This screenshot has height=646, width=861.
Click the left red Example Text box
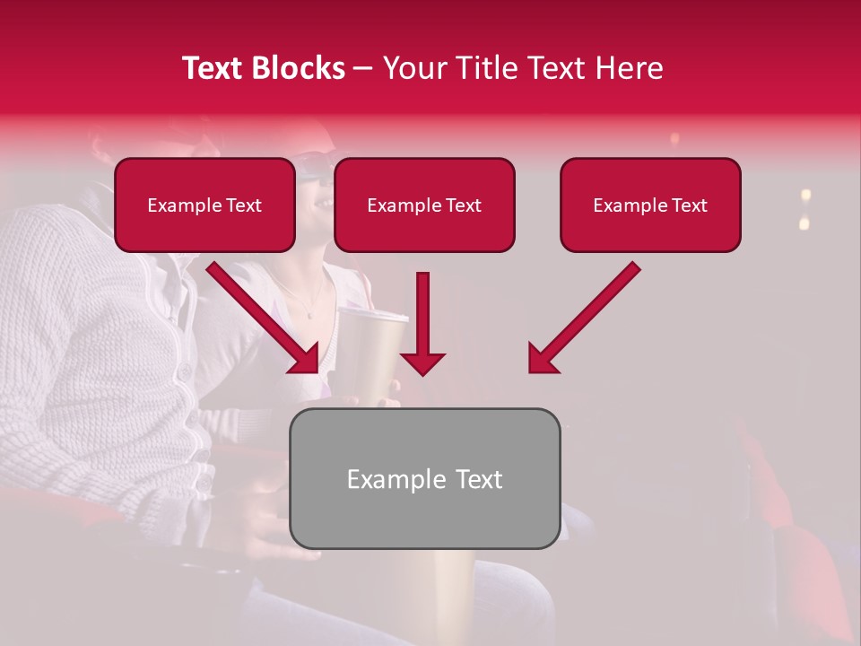tap(204, 205)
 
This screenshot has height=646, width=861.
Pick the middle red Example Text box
tap(424, 205)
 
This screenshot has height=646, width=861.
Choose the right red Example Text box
tap(650, 205)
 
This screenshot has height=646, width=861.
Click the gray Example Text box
tap(425, 479)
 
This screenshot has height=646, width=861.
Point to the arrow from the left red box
tap(260, 315)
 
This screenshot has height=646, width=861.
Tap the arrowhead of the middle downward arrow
tap(422, 362)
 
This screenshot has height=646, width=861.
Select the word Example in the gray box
tap(384, 479)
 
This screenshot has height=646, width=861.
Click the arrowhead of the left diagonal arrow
tap(305, 358)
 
